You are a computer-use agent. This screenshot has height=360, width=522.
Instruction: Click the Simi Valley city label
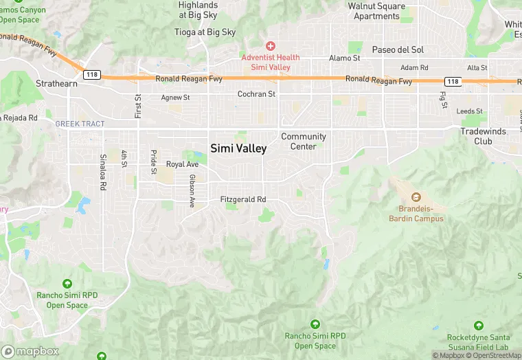[x=238, y=148]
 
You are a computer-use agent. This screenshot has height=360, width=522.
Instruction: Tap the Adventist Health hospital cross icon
[x=271, y=45]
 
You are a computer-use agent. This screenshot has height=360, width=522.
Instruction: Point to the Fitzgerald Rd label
[x=242, y=199]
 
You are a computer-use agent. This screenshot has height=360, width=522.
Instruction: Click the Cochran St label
[x=256, y=93]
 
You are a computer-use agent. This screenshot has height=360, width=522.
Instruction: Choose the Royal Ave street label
[x=182, y=164]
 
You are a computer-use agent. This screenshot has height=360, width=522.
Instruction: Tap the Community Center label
[x=303, y=142]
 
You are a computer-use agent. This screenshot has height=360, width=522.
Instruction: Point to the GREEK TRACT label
[x=80, y=124]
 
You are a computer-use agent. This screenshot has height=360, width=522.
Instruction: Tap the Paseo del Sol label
[x=398, y=49]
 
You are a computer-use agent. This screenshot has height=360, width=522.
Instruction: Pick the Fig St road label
[x=442, y=100]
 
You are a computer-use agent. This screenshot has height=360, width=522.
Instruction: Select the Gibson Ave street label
[x=192, y=190]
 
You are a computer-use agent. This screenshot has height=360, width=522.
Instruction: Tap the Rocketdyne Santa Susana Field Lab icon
[x=479, y=325]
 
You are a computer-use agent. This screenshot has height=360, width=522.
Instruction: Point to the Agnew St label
[x=175, y=98]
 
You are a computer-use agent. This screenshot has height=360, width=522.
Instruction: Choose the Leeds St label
[x=470, y=111]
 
